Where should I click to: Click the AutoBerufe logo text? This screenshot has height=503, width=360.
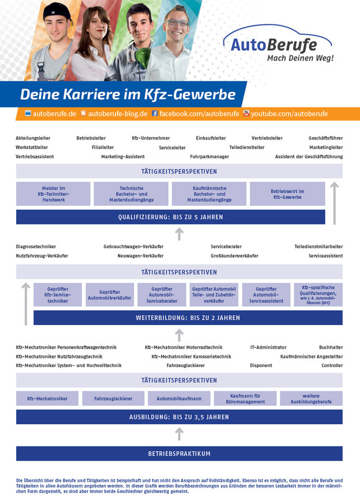[x=274, y=45]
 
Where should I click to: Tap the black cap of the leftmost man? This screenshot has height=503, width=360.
[x=57, y=12]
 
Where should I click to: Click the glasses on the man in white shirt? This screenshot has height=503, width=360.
[x=178, y=23]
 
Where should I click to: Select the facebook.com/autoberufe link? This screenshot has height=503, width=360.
[x=196, y=114]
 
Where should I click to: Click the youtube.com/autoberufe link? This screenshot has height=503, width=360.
[x=286, y=114]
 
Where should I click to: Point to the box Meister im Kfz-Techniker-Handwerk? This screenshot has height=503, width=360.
[x=53, y=194]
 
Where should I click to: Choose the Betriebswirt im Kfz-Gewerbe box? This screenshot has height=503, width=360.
[x=287, y=194]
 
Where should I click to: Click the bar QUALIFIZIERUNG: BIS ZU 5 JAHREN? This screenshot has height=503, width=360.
[x=171, y=217]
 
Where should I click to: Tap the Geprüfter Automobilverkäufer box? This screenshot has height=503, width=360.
[x=109, y=295]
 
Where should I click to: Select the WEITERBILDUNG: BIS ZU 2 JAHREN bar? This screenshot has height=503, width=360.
[x=188, y=318]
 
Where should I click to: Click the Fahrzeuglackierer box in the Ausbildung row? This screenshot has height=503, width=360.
[x=113, y=398]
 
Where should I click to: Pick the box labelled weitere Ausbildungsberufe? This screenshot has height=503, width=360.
[x=311, y=398]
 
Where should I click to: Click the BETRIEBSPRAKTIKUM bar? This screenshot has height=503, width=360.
[x=179, y=453]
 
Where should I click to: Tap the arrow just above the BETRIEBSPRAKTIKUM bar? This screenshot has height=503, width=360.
[x=179, y=434]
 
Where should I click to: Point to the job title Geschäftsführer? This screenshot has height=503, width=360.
[x=326, y=138]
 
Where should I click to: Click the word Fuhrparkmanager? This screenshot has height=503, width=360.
[x=209, y=156]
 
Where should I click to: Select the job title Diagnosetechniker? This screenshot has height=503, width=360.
[x=36, y=246]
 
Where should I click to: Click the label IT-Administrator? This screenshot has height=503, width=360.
[x=268, y=347]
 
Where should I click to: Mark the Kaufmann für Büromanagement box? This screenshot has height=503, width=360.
[x=245, y=398]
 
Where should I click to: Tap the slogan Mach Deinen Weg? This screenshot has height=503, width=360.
[x=300, y=58]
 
